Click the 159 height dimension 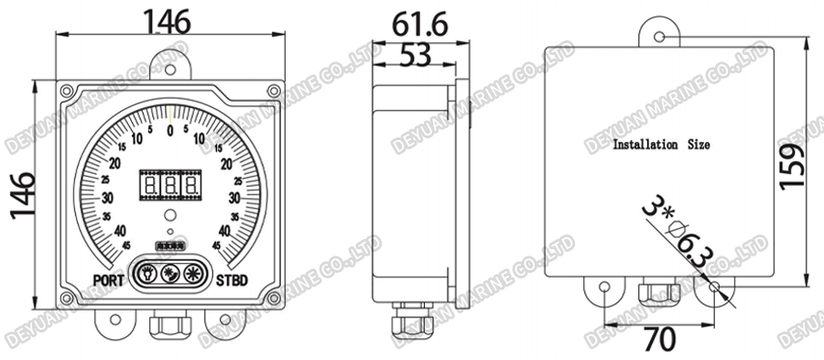click(x=794, y=164)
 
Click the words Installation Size click(x=660, y=145)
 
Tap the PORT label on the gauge click(x=111, y=280)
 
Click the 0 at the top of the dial click(x=170, y=131)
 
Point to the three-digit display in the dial click(x=170, y=187)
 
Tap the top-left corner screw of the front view click(x=67, y=92)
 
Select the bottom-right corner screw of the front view click(x=274, y=299)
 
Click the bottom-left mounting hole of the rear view click(x=604, y=289)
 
